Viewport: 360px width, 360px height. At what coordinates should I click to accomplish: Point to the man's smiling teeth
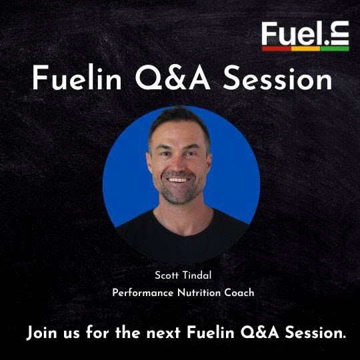point(179,180)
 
